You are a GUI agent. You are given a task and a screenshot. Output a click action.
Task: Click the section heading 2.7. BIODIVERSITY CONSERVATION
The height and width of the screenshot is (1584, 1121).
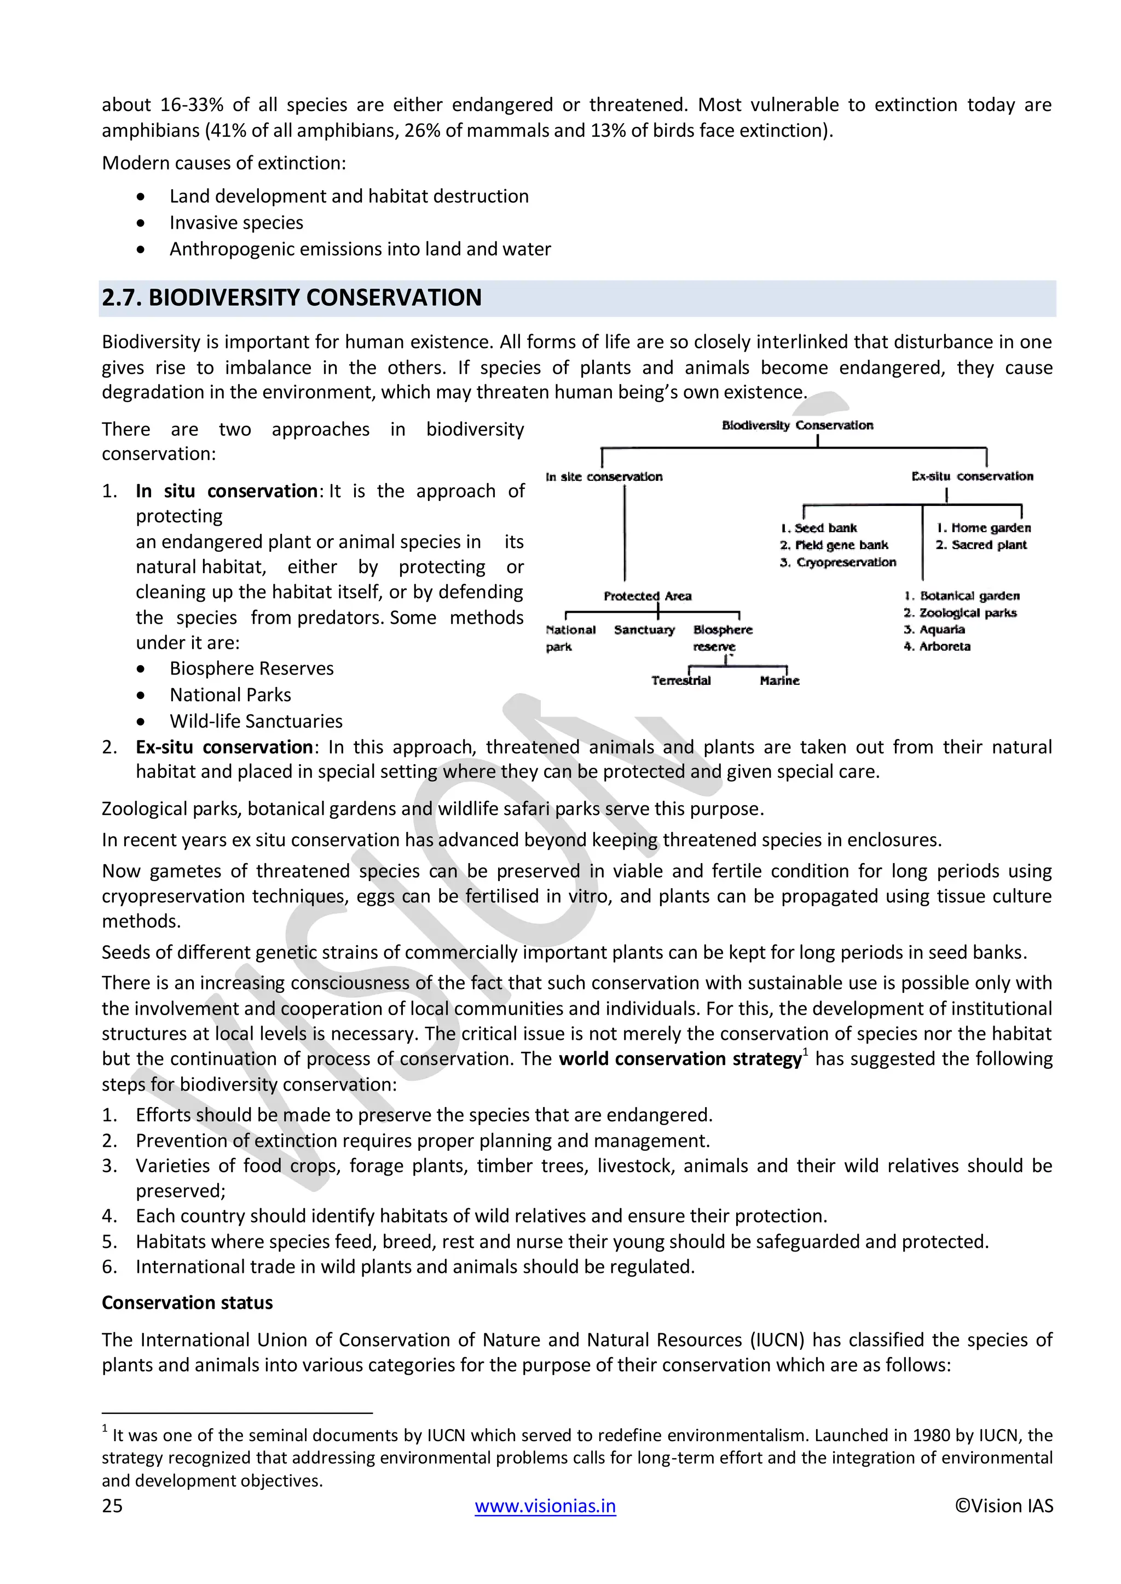(291, 298)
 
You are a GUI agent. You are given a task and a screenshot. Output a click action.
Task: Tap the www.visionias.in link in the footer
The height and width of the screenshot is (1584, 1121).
(545, 1505)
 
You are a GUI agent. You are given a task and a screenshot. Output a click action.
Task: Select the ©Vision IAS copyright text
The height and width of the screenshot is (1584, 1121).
(1004, 1505)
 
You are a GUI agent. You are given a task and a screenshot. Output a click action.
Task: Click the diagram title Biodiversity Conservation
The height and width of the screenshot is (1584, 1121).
(798, 425)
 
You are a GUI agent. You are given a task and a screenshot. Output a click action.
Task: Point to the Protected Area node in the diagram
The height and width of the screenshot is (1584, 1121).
(647, 596)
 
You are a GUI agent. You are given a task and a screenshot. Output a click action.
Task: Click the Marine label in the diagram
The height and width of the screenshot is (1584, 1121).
(779, 680)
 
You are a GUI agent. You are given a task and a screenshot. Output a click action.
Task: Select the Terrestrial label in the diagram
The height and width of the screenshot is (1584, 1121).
(680, 680)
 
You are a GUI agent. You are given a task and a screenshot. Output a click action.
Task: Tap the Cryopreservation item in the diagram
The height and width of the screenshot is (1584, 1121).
(845, 562)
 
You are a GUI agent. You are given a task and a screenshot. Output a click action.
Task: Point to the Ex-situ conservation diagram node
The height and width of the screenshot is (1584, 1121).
(972, 476)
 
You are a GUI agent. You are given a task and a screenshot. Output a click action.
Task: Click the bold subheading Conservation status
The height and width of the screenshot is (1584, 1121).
(187, 1302)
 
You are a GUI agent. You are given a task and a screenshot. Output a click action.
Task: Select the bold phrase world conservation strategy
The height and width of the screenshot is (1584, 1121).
(680, 1059)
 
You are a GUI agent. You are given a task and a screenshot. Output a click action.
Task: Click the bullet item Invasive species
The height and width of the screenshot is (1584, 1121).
(236, 222)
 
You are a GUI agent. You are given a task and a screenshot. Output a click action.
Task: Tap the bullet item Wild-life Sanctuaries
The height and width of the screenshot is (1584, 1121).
(256, 721)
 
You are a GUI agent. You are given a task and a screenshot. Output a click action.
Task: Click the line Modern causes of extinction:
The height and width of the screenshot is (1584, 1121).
(224, 163)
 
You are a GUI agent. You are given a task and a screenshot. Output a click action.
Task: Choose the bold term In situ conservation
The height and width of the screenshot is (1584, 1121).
(227, 491)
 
